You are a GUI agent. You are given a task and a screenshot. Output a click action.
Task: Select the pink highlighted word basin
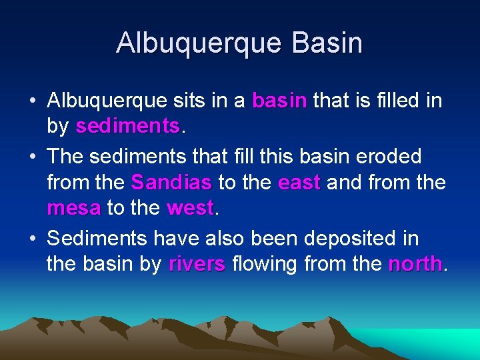(x=279, y=101)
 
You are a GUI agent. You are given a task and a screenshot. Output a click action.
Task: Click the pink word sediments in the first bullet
(x=127, y=125)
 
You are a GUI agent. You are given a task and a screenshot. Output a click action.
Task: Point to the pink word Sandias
(x=171, y=182)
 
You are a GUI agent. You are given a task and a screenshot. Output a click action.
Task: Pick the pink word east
(x=299, y=182)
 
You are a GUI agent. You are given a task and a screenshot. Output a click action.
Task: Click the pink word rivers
(x=197, y=265)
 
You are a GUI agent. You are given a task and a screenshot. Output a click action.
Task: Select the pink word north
(x=415, y=265)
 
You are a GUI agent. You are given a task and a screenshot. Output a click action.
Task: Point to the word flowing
(x=265, y=265)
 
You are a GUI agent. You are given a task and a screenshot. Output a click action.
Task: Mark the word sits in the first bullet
(x=187, y=101)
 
